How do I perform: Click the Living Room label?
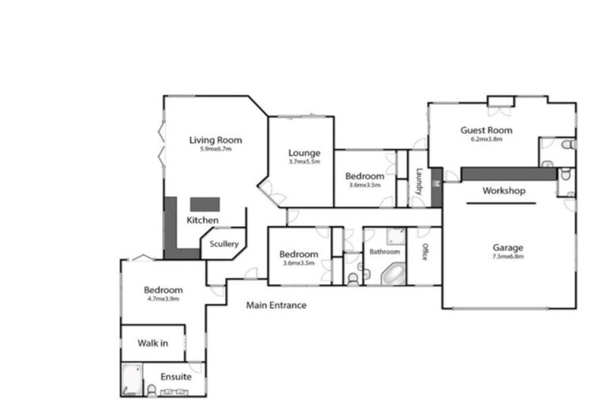215,140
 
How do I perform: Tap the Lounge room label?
304,153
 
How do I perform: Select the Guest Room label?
486,130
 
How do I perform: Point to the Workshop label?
504,191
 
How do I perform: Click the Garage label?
507,247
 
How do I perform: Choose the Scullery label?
224,244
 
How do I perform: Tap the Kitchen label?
202,220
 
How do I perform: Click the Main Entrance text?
276,305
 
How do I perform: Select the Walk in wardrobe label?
152,343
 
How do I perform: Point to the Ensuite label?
175,377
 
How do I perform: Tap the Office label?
425,253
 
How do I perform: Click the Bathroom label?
385,252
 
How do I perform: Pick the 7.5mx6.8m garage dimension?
507,257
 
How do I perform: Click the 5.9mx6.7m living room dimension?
215,149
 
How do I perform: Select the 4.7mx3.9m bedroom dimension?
163,299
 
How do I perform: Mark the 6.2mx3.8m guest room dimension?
486,140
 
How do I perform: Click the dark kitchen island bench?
203,203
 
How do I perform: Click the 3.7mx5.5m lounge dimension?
304,162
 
